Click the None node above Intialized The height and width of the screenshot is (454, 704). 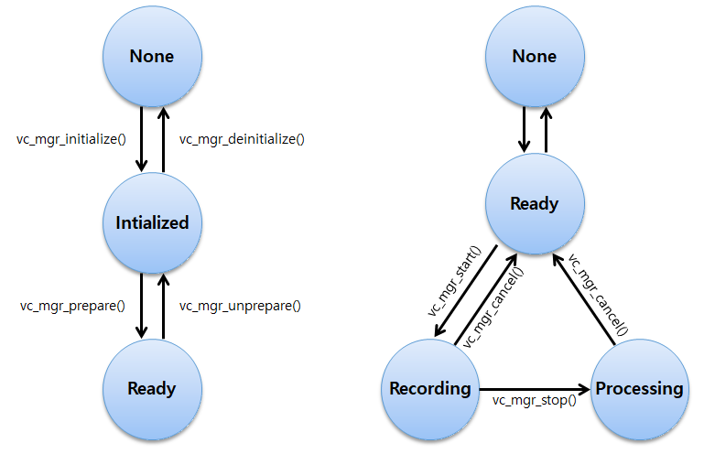152,57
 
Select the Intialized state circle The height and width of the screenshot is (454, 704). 152,222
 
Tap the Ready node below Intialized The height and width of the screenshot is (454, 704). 152,388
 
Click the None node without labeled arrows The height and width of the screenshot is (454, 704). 534,57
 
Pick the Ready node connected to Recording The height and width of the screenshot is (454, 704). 534,203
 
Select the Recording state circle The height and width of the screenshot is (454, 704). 429,388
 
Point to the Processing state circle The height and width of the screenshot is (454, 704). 639,388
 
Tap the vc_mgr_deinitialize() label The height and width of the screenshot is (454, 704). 242,139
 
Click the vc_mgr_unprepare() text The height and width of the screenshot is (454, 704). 240,305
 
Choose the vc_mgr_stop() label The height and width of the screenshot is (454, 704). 534,400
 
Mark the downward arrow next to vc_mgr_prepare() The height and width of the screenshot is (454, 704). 141,305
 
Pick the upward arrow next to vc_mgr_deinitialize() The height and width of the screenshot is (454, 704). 163,139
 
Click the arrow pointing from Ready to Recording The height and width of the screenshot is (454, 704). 465,292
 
